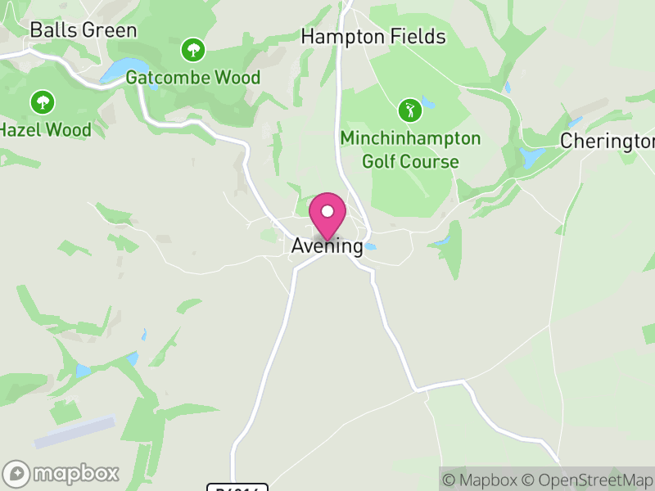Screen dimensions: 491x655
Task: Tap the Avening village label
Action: pos(327,245)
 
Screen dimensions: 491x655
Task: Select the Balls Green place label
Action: pos(83,30)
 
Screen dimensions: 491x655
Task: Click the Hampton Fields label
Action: pos(373,37)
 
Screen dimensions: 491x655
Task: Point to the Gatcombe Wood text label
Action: pos(193,78)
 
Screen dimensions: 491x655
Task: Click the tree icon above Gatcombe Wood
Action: pos(193,51)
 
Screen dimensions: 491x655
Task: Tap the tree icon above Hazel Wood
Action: pos(42,103)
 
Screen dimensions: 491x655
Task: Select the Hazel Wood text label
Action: pos(45,129)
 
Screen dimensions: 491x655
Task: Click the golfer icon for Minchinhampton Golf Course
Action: pos(409,110)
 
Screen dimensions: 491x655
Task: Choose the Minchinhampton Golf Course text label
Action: pos(410,149)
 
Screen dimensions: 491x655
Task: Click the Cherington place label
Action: pos(608,141)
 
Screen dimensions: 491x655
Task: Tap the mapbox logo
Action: pos(62,473)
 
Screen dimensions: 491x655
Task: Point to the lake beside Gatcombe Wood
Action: pos(121,70)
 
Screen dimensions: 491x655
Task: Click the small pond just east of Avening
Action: pos(371,246)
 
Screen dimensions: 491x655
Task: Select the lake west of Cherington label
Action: pos(531,155)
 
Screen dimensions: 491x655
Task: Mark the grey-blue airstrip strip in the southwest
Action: pos(75,431)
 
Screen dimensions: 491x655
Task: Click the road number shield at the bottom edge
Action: pos(238,488)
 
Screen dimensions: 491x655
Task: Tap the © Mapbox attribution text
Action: pos(484,480)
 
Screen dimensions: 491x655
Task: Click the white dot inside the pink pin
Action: pos(327,211)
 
